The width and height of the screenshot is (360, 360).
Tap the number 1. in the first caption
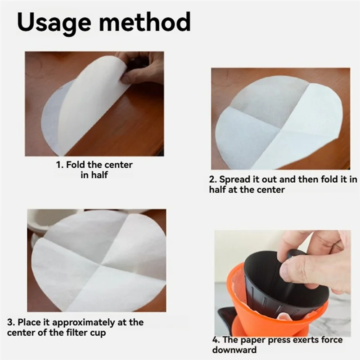pos(60,165)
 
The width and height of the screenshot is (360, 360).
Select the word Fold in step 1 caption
pos(76,165)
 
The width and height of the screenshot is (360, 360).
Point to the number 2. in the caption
pos(213,179)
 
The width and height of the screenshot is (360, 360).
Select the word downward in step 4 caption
pos(234,350)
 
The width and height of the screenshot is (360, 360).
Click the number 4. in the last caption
pos(216,340)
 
